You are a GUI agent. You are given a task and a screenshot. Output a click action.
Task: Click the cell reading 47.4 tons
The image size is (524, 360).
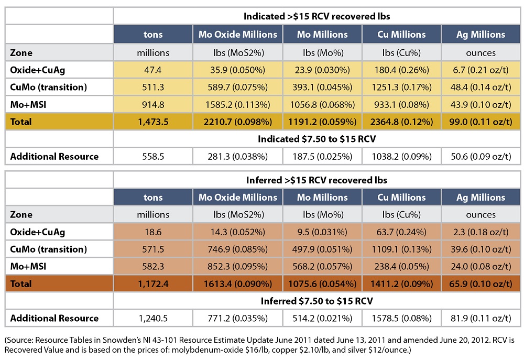tap(153, 70)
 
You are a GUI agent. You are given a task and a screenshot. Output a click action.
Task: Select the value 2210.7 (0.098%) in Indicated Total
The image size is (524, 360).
tap(238, 122)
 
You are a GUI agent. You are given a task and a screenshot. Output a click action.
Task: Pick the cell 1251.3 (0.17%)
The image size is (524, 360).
tap(401, 87)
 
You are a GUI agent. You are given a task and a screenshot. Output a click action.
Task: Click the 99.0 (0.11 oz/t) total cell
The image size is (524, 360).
tap(481, 122)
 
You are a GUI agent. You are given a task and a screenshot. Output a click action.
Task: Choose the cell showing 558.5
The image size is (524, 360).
tap(153, 156)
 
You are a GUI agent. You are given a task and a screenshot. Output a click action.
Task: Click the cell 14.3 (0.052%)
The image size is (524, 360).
tap(238, 232)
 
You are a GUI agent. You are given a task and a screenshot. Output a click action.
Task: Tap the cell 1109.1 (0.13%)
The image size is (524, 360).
tap(401, 249)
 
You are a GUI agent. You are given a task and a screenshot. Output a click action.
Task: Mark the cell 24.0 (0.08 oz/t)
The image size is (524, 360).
tap(481, 266)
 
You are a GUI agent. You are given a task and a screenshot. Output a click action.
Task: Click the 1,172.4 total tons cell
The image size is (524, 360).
tap(153, 283)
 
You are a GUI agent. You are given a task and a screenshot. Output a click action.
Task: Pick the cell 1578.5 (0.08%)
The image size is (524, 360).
tap(401, 318)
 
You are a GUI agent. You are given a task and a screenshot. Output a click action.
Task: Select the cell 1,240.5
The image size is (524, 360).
tap(153, 318)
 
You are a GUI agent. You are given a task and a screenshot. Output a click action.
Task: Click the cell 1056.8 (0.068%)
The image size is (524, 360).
tap(323, 104)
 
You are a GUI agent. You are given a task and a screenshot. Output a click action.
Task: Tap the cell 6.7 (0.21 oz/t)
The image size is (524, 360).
tap(481, 70)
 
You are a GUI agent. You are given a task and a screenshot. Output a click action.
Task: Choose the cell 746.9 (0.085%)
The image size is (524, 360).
tap(238, 249)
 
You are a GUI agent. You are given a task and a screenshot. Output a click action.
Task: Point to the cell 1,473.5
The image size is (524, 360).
tap(153, 122)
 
